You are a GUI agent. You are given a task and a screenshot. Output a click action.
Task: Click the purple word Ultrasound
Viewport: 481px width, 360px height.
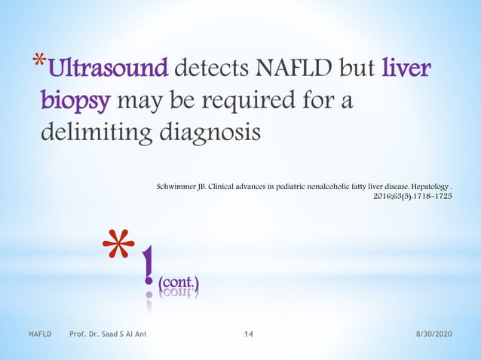tap(107, 70)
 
